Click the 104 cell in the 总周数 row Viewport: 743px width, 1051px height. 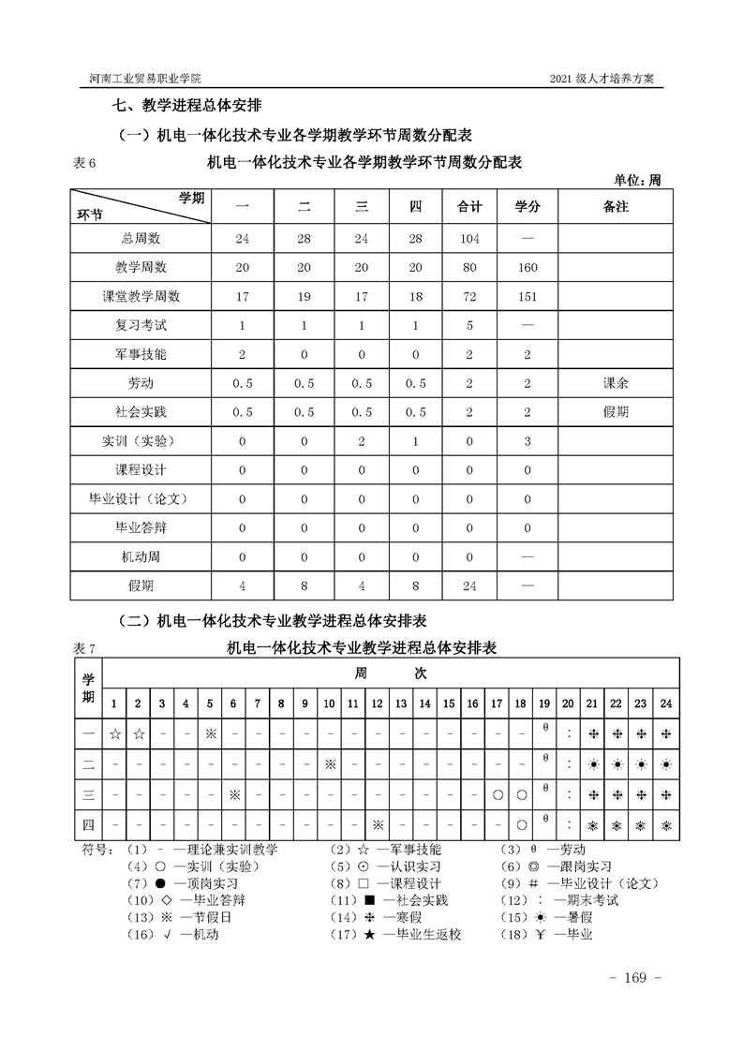[x=469, y=239]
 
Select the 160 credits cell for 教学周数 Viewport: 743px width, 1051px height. [x=528, y=268]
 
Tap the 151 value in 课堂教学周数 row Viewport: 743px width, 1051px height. [x=528, y=297]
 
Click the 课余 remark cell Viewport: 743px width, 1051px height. [x=616, y=383]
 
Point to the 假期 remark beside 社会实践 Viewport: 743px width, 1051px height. [x=616, y=412]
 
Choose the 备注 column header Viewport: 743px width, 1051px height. [x=616, y=206]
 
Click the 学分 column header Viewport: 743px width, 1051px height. [x=528, y=206]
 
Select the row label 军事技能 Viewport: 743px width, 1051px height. [x=141, y=354]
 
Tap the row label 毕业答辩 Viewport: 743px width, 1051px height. [x=141, y=527]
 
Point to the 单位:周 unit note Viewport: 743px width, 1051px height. [x=637, y=181]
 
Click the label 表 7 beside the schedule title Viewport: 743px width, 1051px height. [x=84, y=648]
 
